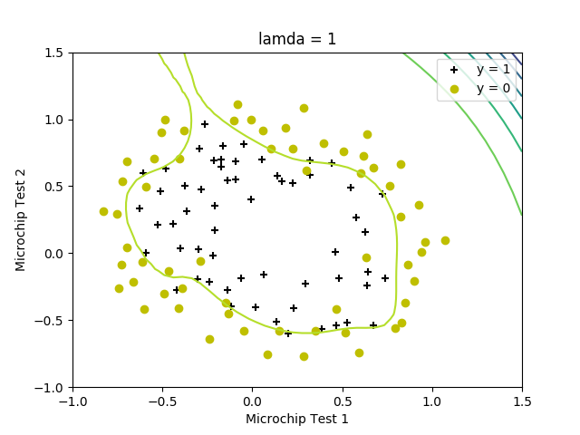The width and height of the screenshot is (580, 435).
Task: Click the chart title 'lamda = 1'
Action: click(x=297, y=39)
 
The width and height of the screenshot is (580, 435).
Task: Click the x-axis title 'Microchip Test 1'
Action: click(x=297, y=419)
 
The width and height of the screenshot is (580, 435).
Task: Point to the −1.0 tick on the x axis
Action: click(x=72, y=401)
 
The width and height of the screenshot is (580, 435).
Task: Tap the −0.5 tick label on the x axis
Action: click(x=162, y=401)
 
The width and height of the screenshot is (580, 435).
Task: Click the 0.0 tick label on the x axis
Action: click(x=253, y=401)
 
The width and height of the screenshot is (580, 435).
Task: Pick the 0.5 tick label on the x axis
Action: click(x=343, y=401)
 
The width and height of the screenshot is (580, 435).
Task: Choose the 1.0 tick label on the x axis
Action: click(x=432, y=401)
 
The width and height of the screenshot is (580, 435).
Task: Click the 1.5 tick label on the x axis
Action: click(x=522, y=401)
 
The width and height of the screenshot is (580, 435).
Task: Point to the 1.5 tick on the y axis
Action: click(x=55, y=53)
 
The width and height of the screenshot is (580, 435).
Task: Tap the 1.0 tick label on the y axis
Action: click(x=55, y=120)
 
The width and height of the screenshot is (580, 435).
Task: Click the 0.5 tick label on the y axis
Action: click(x=55, y=187)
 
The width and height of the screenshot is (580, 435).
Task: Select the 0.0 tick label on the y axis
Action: click(x=55, y=254)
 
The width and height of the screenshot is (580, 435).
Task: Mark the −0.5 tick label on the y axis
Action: click(x=52, y=321)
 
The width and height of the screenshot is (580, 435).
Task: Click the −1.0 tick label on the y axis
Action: click(x=52, y=388)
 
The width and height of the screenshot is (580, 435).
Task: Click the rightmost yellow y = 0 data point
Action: click(x=445, y=240)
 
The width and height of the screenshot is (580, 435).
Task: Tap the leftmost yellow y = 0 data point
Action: click(x=103, y=211)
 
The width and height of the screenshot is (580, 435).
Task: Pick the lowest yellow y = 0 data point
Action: click(x=304, y=356)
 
